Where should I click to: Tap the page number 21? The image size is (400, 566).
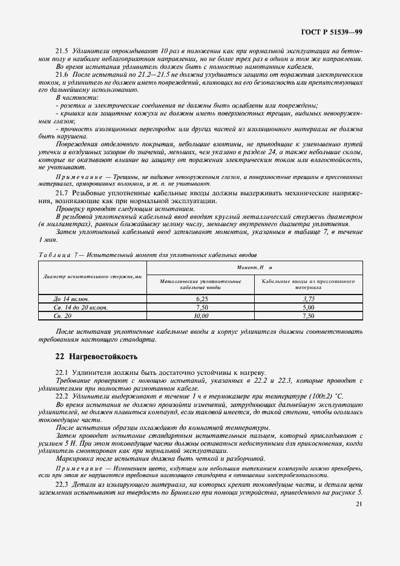(359, 503)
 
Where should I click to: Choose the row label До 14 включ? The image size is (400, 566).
(71, 299)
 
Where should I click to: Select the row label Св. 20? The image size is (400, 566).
(63, 316)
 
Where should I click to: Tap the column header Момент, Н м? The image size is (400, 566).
(255, 267)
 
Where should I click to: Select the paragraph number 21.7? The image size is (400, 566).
(62, 192)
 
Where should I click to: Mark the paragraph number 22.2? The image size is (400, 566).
(62, 395)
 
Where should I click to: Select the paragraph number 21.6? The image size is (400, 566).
(62, 73)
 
